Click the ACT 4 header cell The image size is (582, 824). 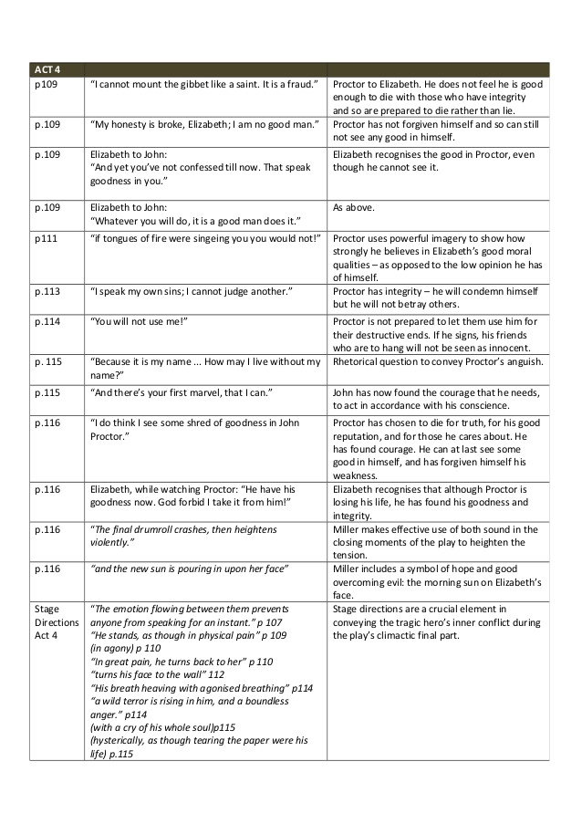point(45,69)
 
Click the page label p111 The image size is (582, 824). point(45,238)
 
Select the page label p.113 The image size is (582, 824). point(47,290)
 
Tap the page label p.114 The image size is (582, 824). point(47,321)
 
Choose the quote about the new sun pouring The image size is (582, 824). point(189,568)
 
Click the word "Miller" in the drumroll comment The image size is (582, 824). point(349,529)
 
